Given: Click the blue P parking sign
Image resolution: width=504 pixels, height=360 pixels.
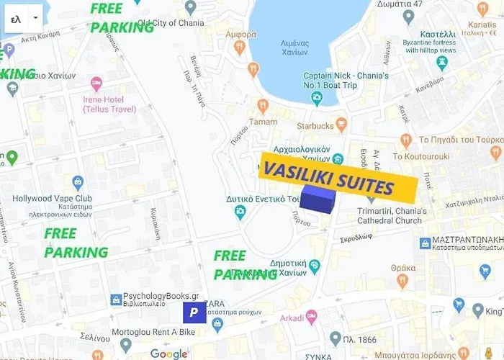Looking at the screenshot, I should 193,312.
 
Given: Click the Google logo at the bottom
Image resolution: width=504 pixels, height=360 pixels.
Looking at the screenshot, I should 168,353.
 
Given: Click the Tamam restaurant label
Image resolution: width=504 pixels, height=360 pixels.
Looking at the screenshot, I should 263,121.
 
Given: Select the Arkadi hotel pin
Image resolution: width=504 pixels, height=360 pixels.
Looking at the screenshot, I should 312,317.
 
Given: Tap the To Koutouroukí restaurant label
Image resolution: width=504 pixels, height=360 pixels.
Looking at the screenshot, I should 421,156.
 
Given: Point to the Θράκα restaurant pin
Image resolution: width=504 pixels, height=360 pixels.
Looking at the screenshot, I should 402,281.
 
